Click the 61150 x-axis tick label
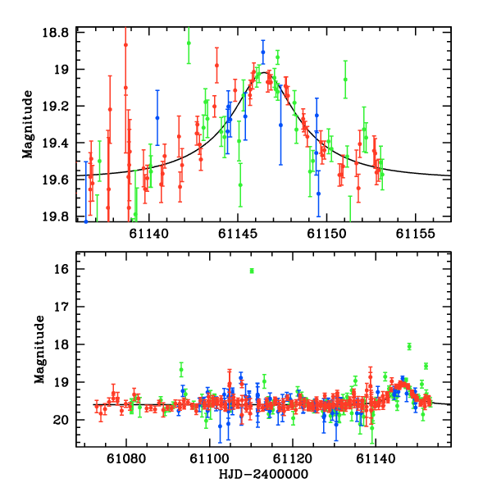pyautogui.click(x=326, y=234)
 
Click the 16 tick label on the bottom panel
pyautogui.click(x=69, y=269)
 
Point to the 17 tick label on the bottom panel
pyautogui.click(x=69, y=307)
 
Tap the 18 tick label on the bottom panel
pyautogui.click(x=69, y=344)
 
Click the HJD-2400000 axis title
pyautogui.click(x=264, y=475)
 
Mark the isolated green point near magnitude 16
pyautogui.click(x=252, y=271)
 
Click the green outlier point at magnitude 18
pyautogui.click(x=409, y=346)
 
